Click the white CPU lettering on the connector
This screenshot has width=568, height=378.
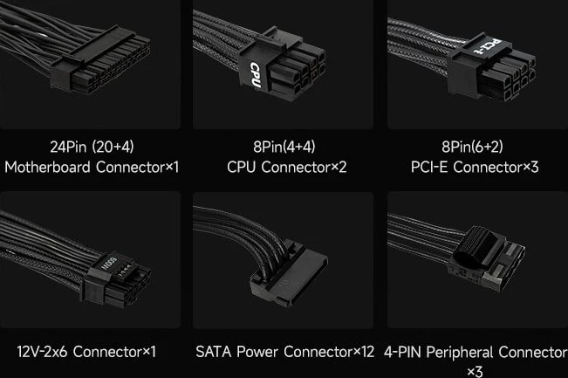(x=256, y=75)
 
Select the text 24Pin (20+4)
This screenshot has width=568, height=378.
(x=92, y=147)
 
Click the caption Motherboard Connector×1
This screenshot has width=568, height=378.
(x=92, y=167)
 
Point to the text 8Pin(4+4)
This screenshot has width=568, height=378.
(x=284, y=147)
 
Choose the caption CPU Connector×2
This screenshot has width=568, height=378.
(x=286, y=167)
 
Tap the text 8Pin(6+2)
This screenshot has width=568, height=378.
(x=472, y=147)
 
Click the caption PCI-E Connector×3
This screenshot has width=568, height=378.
(x=475, y=167)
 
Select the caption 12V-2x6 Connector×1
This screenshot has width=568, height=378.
(x=86, y=352)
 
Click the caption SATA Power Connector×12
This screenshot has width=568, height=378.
(x=284, y=352)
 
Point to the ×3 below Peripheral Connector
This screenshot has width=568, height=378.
(x=475, y=372)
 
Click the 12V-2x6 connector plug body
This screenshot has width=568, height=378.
(x=117, y=280)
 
